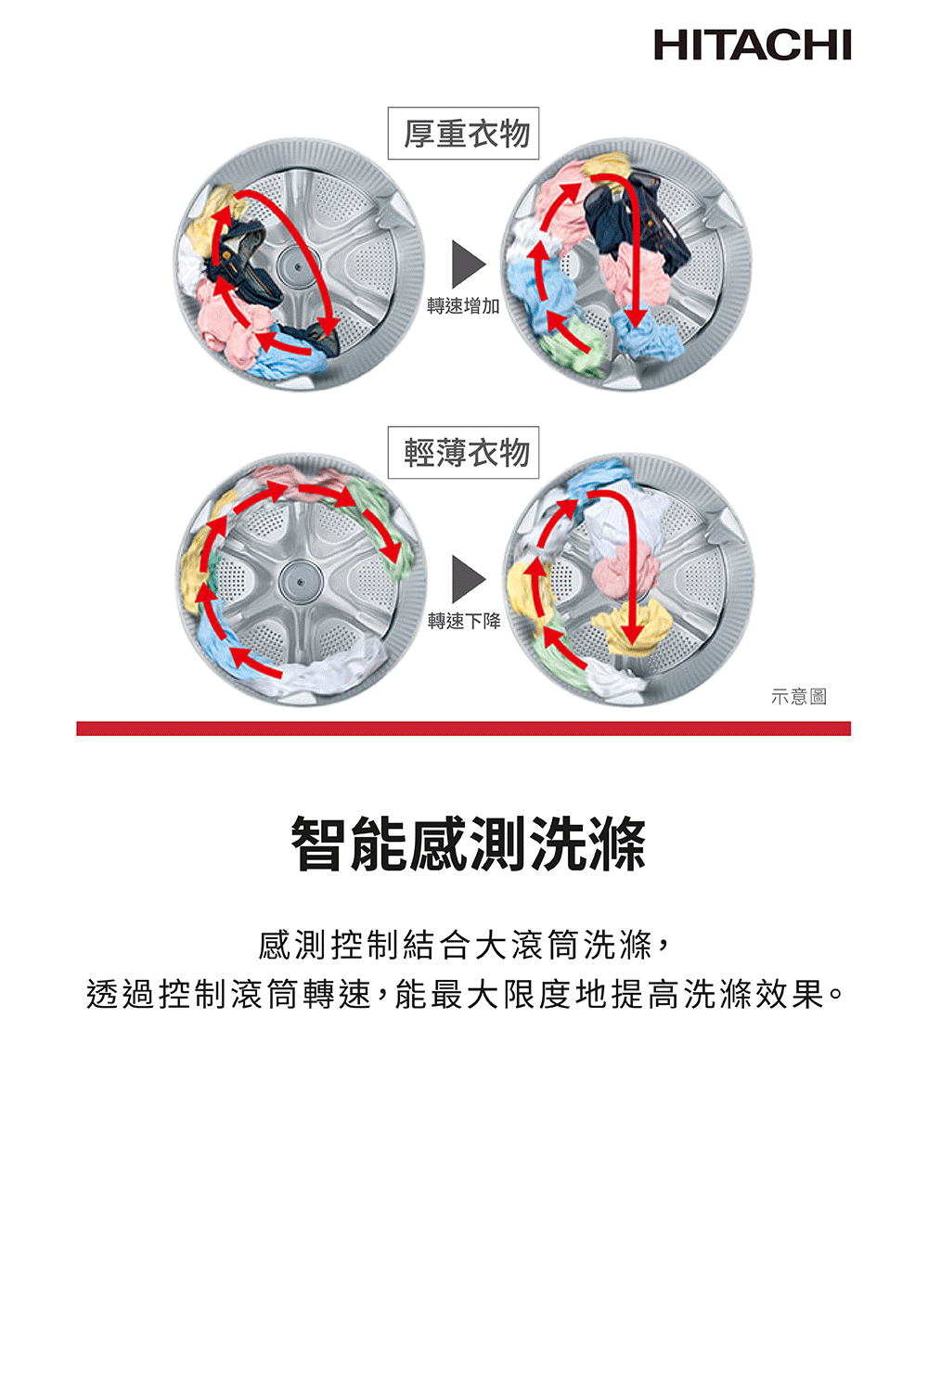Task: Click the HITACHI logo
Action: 752,45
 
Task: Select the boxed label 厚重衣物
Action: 464,134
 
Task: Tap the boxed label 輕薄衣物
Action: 464,453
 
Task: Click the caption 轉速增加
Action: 463,306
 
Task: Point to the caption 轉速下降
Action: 464,621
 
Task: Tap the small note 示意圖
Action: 799,697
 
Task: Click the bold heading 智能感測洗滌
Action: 469,844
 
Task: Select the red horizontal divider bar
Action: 464,728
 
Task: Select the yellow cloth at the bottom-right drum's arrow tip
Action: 631,627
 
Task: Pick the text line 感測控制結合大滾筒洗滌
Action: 456,946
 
